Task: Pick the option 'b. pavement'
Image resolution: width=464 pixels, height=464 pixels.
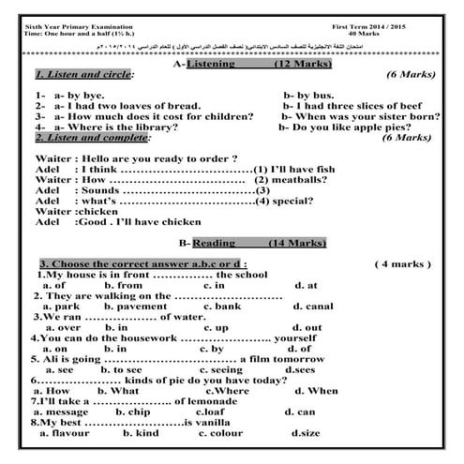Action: [134, 307]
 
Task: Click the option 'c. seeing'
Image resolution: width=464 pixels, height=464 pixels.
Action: [221, 369]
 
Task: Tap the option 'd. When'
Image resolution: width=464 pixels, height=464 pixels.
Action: [317, 390]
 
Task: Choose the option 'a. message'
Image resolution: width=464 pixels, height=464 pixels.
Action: [61, 412]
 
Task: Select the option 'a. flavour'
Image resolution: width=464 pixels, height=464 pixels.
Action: [62, 433]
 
